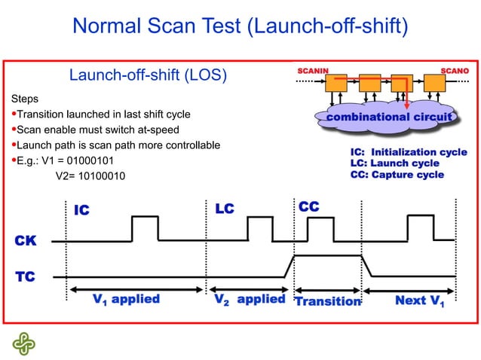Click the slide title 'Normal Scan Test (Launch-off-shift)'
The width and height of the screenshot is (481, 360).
tap(240, 27)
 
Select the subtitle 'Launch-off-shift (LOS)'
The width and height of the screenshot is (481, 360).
tap(148, 75)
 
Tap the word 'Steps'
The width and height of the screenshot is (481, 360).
tap(25, 99)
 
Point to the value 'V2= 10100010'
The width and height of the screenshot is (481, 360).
tap(90, 175)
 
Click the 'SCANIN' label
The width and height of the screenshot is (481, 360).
tap(313, 70)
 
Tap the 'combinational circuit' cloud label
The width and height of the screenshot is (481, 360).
tap(388, 117)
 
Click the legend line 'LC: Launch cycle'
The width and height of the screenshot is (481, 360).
tap(394, 163)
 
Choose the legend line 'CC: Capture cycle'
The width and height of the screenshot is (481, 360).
tap(397, 175)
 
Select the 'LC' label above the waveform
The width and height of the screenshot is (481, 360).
tap(225, 208)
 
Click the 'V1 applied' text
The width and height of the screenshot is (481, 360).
tap(126, 300)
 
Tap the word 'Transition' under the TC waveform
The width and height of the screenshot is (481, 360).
tap(327, 301)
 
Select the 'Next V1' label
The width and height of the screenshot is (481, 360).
tap(419, 301)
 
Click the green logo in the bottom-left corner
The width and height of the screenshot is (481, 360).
tap(23, 343)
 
